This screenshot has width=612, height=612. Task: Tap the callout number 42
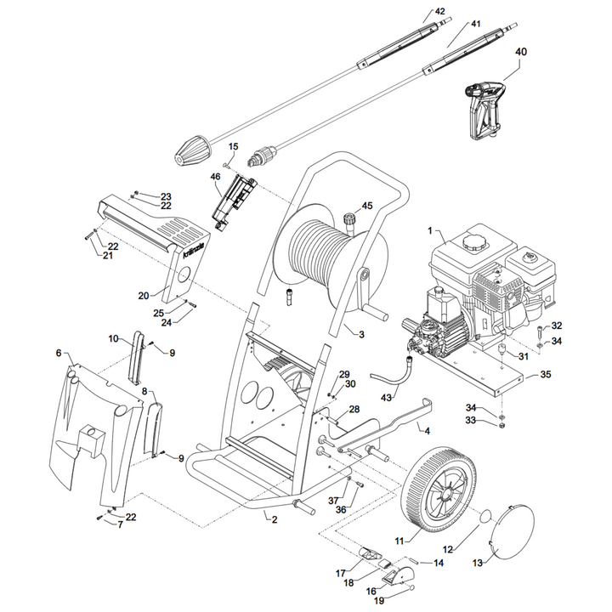(439, 11)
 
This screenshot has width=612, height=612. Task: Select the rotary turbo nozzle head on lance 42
(191, 151)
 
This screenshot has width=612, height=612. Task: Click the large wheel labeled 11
(439, 495)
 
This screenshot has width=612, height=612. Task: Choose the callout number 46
(215, 177)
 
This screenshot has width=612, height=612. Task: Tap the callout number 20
(144, 296)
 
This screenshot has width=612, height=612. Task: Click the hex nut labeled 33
(502, 426)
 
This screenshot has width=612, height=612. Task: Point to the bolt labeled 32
(541, 331)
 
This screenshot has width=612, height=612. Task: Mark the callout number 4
(427, 431)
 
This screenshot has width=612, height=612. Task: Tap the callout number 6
(59, 353)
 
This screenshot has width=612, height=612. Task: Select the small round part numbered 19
(412, 588)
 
